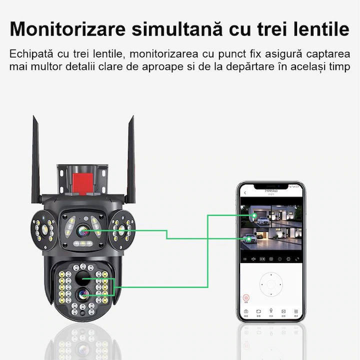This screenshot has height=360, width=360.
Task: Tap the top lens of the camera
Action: pyautogui.click(x=82, y=230)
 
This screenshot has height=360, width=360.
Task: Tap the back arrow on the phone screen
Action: pyautogui.click(x=245, y=192)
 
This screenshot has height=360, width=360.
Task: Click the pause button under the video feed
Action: pyautogui.click(x=245, y=259)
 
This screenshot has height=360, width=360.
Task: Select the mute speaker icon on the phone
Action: pyautogui.click(x=253, y=259)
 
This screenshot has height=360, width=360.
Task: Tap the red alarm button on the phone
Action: pyautogui.click(x=245, y=298)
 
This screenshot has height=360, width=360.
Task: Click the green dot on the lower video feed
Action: pyautogui.click(x=248, y=239)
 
